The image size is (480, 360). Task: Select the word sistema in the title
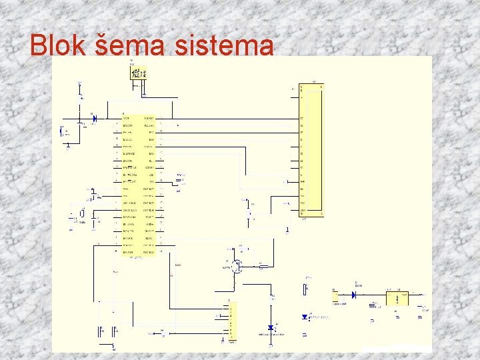(x=227, y=45)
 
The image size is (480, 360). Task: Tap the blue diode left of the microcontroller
(x=93, y=119)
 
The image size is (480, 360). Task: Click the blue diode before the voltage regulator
(x=354, y=294)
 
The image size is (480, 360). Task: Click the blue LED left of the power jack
(x=305, y=317)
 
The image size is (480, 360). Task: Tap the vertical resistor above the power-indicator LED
(x=305, y=289)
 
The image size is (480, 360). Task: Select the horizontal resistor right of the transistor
(x=263, y=267)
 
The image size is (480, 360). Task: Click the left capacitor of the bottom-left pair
(x=101, y=329)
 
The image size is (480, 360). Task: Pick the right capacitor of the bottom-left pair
(x=117, y=329)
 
